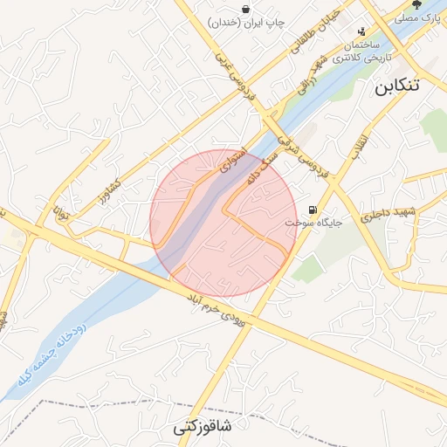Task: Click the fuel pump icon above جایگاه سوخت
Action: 313,210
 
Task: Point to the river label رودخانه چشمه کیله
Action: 50,353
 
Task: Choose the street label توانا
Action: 58,210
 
